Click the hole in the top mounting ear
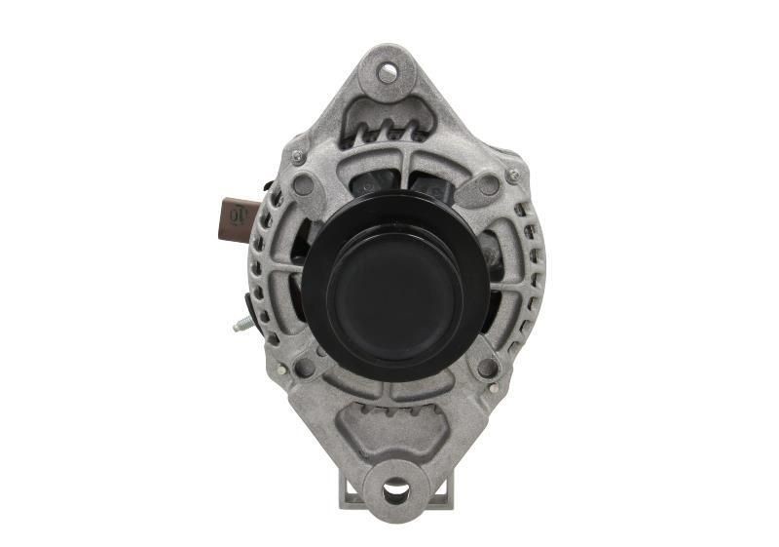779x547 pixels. [x=388, y=71]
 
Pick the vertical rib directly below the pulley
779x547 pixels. [x=393, y=385]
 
